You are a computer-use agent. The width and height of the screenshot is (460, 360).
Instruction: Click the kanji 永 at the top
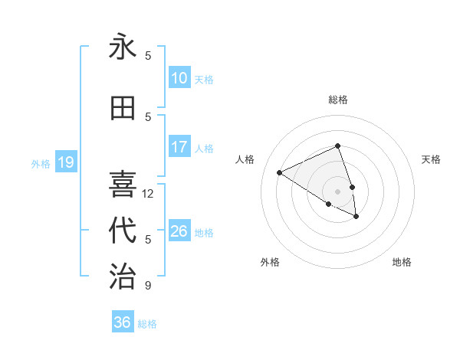(x=123, y=47)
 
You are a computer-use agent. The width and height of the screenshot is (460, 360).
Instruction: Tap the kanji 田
(x=123, y=109)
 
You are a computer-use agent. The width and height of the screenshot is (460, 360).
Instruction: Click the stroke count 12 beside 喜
(x=148, y=194)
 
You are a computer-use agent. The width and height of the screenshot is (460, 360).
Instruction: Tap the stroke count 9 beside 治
(x=148, y=286)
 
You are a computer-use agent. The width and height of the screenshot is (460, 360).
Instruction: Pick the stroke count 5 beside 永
(x=148, y=56)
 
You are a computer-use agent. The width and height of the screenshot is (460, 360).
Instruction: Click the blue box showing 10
(x=179, y=78)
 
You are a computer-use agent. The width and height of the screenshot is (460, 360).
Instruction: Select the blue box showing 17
(x=179, y=147)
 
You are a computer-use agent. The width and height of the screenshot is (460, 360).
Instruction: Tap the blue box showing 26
(x=179, y=231)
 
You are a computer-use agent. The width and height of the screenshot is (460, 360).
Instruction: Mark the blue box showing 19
(x=65, y=162)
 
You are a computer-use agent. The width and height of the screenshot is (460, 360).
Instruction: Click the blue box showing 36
(x=123, y=322)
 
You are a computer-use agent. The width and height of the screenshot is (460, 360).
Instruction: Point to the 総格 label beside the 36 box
(x=147, y=324)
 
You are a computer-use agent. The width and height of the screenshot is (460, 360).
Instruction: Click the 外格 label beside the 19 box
(x=40, y=164)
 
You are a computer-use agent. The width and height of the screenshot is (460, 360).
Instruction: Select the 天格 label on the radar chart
(x=431, y=159)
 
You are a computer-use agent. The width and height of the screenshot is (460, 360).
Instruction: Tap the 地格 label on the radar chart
(x=402, y=262)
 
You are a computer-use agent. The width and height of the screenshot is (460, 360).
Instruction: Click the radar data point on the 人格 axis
(x=280, y=173)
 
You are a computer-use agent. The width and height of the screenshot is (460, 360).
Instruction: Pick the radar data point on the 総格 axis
(x=337, y=146)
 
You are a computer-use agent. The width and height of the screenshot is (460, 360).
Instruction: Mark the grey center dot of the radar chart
(x=337, y=191)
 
